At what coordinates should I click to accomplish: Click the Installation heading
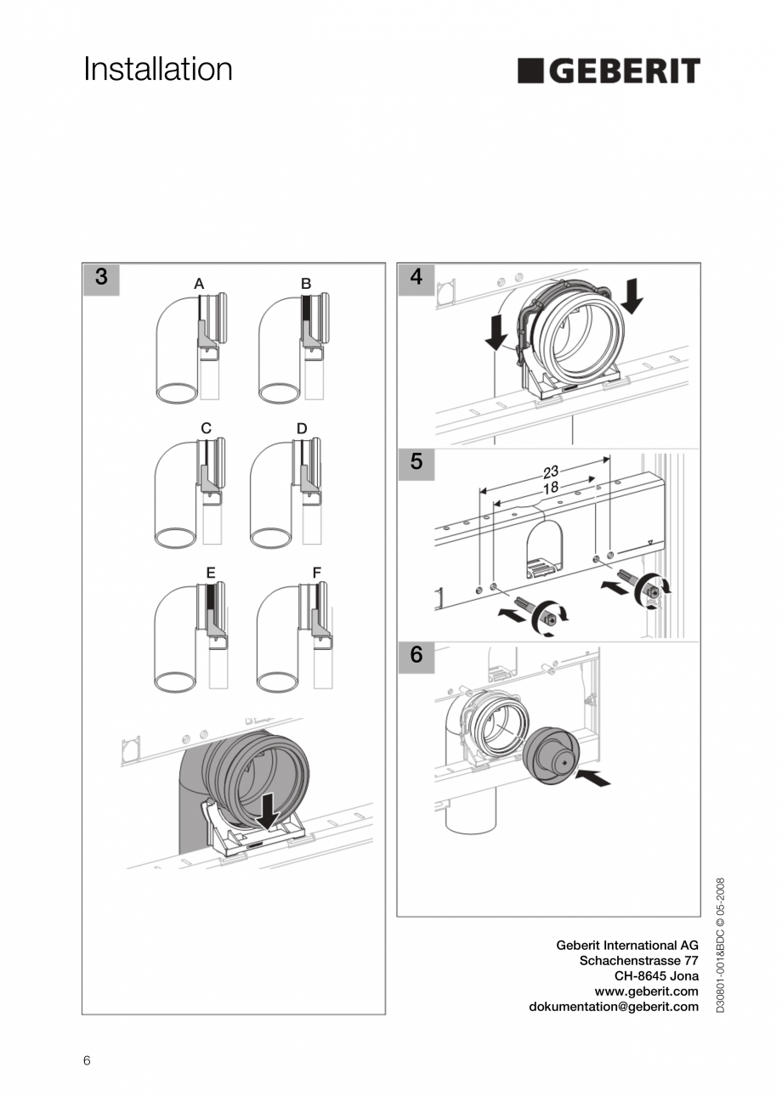click(x=158, y=70)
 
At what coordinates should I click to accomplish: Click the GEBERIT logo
click(x=609, y=71)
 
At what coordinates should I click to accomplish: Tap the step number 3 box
click(x=101, y=278)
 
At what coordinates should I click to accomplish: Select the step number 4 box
click(x=416, y=278)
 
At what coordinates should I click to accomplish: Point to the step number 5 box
click(x=416, y=461)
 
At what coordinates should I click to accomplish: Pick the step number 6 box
click(x=416, y=655)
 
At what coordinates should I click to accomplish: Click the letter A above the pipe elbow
click(x=199, y=284)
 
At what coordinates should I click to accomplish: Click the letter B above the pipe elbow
click(x=306, y=284)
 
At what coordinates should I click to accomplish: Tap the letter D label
click(x=302, y=429)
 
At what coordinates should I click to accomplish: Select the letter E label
click(x=210, y=573)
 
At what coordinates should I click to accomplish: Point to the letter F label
click(x=316, y=573)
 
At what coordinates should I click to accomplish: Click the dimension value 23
click(x=551, y=472)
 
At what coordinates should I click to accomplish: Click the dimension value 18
click(x=550, y=489)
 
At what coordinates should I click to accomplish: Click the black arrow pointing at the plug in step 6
click(x=593, y=777)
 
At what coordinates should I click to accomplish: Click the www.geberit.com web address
click(x=646, y=991)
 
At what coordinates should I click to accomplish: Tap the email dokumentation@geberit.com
click(x=614, y=1007)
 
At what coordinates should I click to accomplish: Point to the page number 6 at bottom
click(x=87, y=1060)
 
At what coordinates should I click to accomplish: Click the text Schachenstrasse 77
click(x=638, y=960)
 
